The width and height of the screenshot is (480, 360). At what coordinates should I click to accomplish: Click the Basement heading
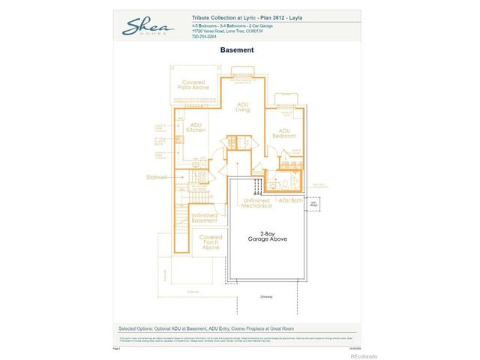[236, 50]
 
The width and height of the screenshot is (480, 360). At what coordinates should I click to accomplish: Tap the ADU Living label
[242, 106]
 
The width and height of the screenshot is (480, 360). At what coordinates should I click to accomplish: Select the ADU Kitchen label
[196, 127]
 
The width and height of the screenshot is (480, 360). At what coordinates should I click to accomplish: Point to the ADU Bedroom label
[284, 133]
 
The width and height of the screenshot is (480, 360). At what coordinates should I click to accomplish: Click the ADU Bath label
[290, 200]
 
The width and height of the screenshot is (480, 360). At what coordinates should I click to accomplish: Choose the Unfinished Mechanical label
[256, 202]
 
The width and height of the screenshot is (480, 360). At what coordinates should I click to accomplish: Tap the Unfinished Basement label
[204, 217]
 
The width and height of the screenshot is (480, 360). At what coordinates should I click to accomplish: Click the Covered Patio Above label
[193, 85]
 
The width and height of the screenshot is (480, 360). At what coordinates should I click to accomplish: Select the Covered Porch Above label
[211, 241]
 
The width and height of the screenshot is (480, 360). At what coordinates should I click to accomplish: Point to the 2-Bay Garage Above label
[268, 236]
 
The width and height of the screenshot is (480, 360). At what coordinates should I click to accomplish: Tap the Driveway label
[267, 297]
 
